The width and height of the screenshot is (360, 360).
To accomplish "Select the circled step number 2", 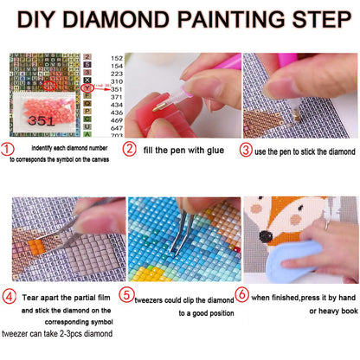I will pos(128,149).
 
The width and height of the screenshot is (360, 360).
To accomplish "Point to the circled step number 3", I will pos(246,149).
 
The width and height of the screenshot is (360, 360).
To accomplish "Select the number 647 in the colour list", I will pos(116,127).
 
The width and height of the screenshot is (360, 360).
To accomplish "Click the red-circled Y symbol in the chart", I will pos(87,87).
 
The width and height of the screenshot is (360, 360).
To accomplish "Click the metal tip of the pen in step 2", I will pos(158,107).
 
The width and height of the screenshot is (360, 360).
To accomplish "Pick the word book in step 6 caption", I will pos(342,312).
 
